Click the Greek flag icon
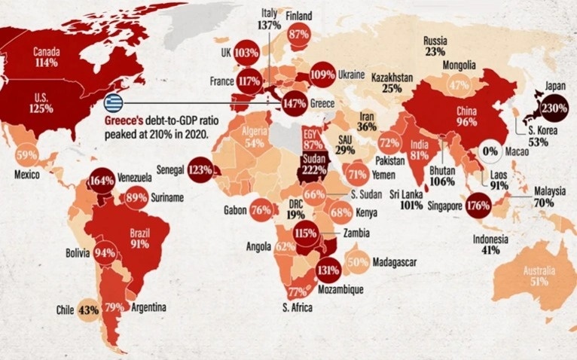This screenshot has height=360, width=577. pos(113,102)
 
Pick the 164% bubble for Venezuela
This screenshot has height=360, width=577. pos(102,181)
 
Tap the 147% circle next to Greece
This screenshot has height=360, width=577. pos(294,102)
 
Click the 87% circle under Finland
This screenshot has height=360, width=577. pos(299,34)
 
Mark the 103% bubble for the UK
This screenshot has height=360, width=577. pos(246,53)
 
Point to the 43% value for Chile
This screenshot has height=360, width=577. pos(89,310)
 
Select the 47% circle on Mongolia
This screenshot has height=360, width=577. pos(459,85)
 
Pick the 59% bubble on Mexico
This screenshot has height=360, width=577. pos(26,156)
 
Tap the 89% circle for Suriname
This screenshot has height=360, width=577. pos(136,198)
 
